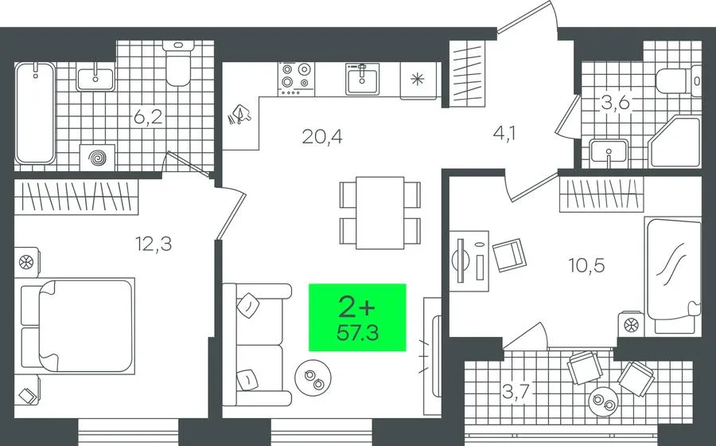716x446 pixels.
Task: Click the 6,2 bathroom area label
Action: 148,117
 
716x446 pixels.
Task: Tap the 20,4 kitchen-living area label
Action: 322,136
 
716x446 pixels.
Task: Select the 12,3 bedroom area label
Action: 154,244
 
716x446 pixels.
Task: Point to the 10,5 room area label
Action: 586,264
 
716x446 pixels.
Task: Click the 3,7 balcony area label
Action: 516,391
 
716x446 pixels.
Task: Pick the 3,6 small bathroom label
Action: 615,103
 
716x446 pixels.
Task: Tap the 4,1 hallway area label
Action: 504,134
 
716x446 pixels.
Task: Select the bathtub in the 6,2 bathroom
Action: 35,113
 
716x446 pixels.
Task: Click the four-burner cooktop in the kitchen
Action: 296,79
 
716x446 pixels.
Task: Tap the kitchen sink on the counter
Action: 362,79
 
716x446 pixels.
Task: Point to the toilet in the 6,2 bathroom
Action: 178,64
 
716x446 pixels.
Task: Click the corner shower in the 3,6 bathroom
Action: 675,142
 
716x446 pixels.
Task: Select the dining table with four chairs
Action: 380,213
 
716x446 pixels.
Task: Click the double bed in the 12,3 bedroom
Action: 78,326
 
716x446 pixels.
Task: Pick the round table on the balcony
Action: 604,401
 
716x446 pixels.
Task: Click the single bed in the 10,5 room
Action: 672,275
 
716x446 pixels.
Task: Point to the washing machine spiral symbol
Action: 97,158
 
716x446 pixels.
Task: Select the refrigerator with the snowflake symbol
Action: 418,80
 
